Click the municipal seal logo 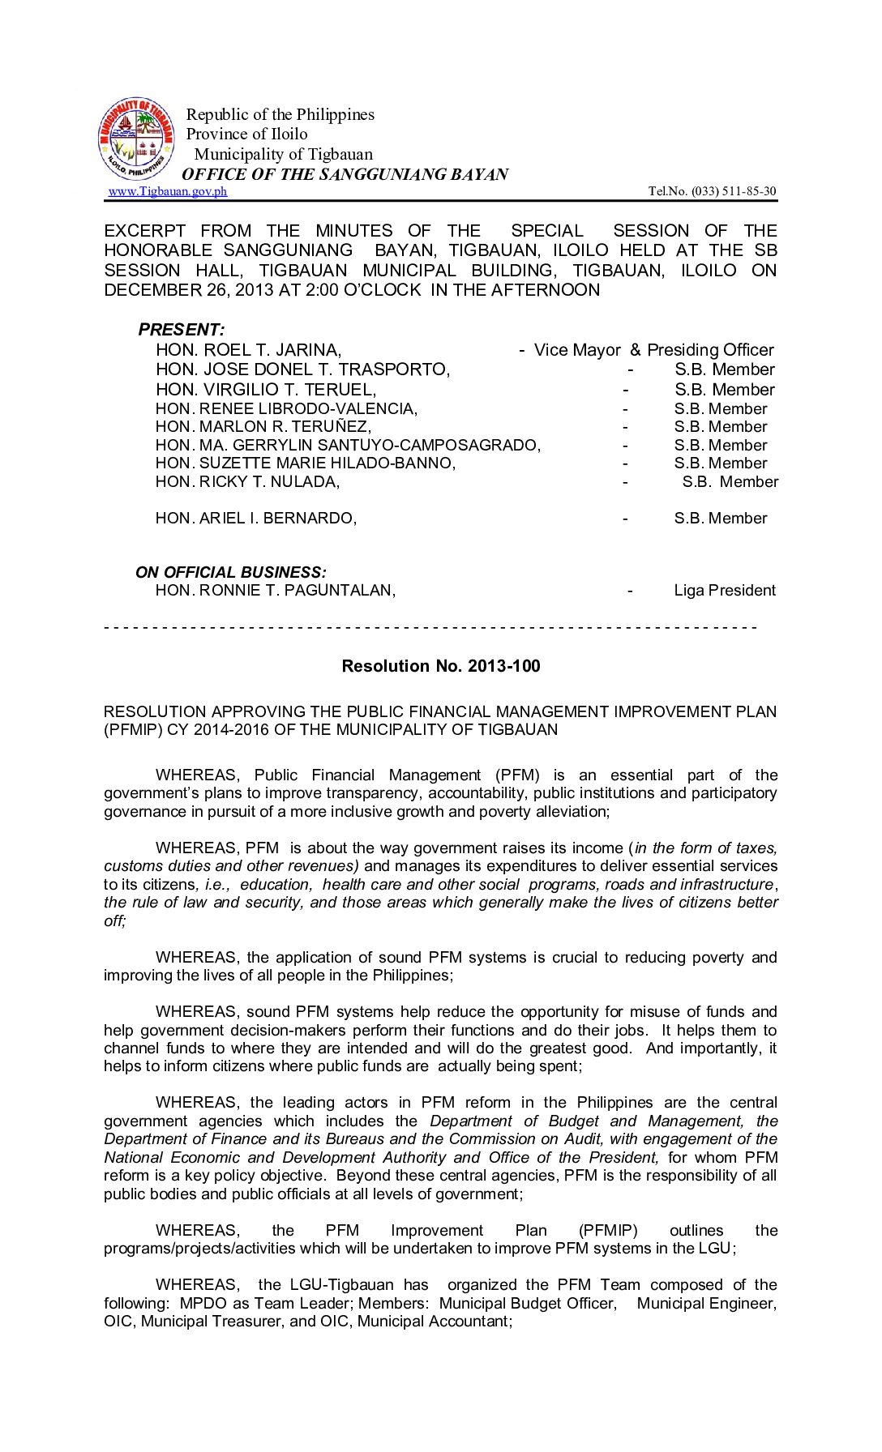point(136,139)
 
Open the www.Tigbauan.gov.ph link point(168,191)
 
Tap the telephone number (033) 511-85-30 point(712,191)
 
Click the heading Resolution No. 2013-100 point(440,666)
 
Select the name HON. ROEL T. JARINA point(248,350)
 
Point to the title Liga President point(724,591)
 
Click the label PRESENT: point(181,330)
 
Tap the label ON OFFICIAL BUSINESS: point(231,572)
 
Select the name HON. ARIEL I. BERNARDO point(255,519)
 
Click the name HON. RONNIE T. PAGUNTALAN point(275,591)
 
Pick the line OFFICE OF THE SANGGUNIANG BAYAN point(345,174)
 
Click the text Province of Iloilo point(246,134)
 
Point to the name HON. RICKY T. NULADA point(247,482)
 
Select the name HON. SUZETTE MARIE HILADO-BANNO point(306,463)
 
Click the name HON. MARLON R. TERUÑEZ point(263,427)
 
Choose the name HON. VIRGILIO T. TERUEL point(266,390)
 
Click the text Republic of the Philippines point(280,114)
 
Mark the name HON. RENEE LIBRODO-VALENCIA point(286,409)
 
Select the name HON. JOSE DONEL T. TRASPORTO point(302,369)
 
